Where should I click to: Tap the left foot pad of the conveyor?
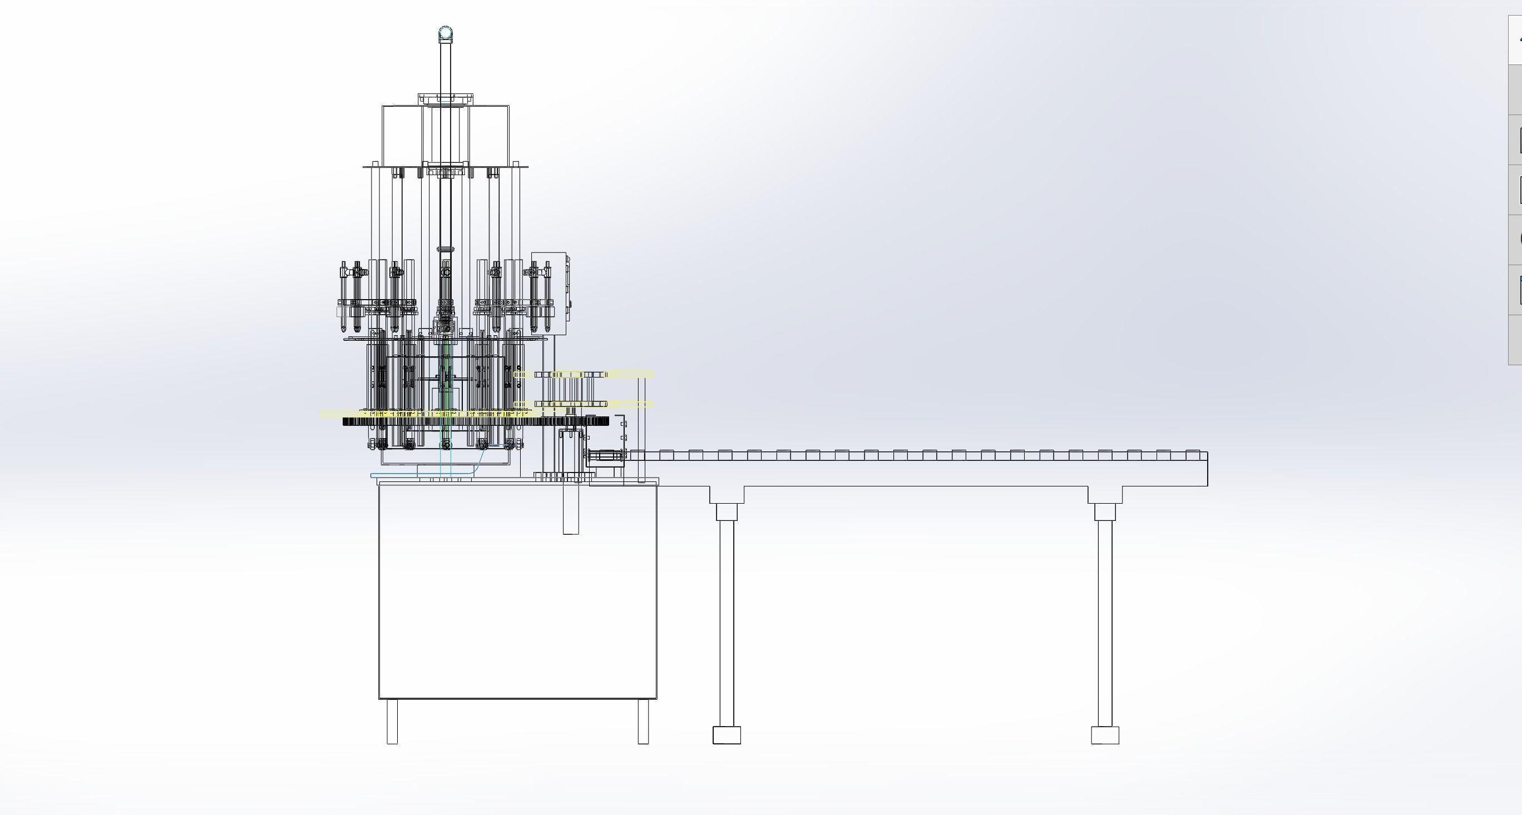(x=726, y=735)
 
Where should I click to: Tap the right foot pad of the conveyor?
(x=1104, y=735)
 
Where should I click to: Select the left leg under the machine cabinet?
(x=392, y=721)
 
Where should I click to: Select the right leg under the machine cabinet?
(x=643, y=721)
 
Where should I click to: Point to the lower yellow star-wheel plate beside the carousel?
(x=626, y=405)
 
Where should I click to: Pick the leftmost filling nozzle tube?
(x=344, y=298)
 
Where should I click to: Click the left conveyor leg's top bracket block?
(x=726, y=511)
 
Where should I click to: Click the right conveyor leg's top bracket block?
(x=1104, y=511)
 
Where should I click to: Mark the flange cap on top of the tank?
(x=446, y=98)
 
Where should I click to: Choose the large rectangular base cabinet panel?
(x=517, y=590)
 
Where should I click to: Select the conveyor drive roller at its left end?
(x=606, y=455)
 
